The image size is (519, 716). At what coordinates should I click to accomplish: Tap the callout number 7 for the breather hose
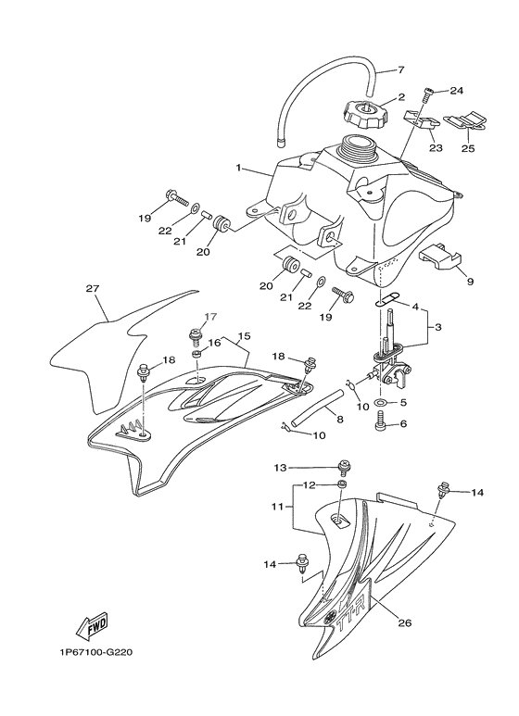[x=400, y=70]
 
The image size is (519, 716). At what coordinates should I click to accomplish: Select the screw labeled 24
[x=429, y=95]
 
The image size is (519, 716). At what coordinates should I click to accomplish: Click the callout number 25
[x=468, y=148]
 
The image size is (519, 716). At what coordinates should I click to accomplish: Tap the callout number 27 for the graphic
[x=93, y=288]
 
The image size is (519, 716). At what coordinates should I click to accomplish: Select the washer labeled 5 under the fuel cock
[x=380, y=403]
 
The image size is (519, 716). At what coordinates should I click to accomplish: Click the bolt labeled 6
[x=380, y=424]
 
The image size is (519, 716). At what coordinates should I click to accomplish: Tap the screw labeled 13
[x=343, y=468]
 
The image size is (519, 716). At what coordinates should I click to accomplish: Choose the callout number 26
[x=405, y=622]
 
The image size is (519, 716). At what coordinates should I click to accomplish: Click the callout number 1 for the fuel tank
[x=238, y=168]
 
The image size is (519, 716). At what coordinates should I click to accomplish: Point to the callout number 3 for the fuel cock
[x=437, y=327]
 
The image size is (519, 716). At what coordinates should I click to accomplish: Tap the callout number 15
[x=244, y=336]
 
